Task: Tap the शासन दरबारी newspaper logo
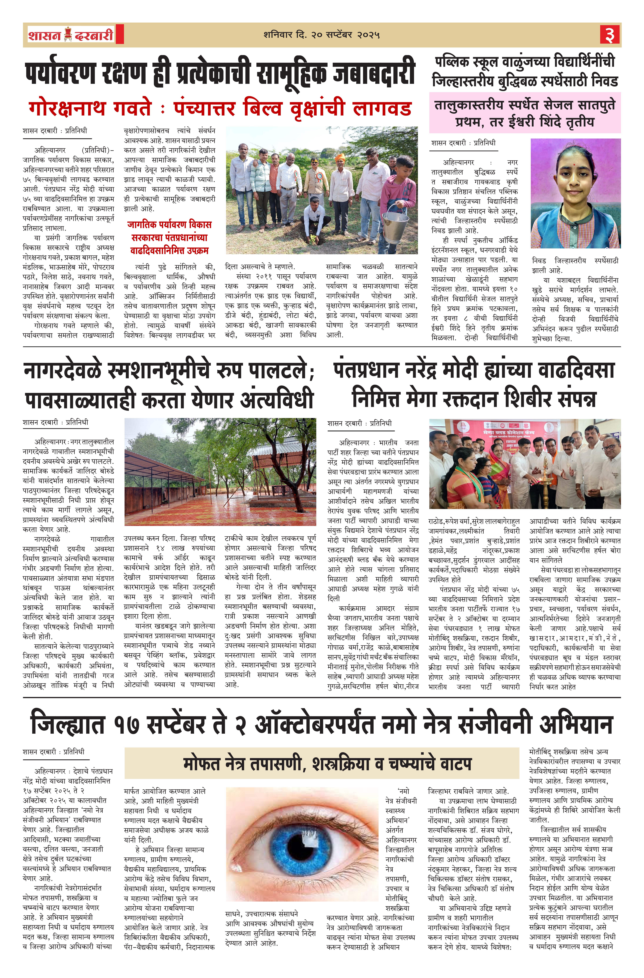(71, 34)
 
